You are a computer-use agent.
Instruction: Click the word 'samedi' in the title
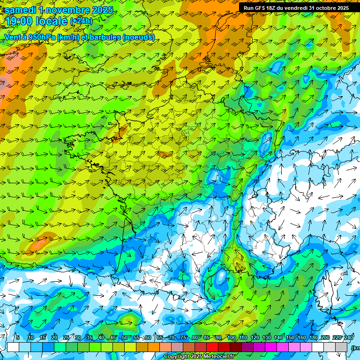pyautogui.click(x=19, y=10)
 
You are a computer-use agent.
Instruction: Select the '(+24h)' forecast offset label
pyautogui.click(x=81, y=21)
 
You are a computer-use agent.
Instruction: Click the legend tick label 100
pyautogui.click(x=232, y=338)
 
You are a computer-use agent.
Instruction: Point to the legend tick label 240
pyautogui.click(x=349, y=338)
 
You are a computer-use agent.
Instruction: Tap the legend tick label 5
pyautogui.click(x=17, y=338)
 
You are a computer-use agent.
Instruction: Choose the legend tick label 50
pyautogui.click(x=125, y=338)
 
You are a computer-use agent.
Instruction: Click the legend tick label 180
pyautogui.click(x=314, y=338)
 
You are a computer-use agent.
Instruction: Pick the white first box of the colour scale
pyautogui.click(x=13, y=347)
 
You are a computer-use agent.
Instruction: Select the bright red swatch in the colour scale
pyautogui.click(x=212, y=347)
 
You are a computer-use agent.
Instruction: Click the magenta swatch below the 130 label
pyautogui.click(x=271, y=347)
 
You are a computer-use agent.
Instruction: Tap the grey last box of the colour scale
pyautogui.click(x=341, y=347)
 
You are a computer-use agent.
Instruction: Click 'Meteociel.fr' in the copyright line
pyautogui.click(x=217, y=357)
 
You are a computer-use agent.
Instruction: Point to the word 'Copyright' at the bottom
pyautogui.click(x=177, y=357)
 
